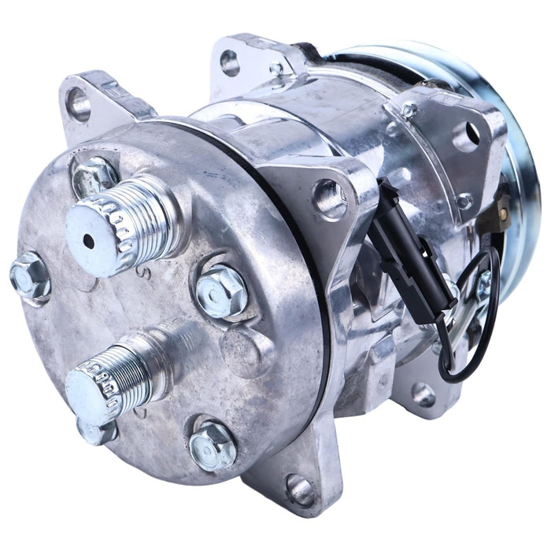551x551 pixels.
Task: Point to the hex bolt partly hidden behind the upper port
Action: point(92,174)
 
